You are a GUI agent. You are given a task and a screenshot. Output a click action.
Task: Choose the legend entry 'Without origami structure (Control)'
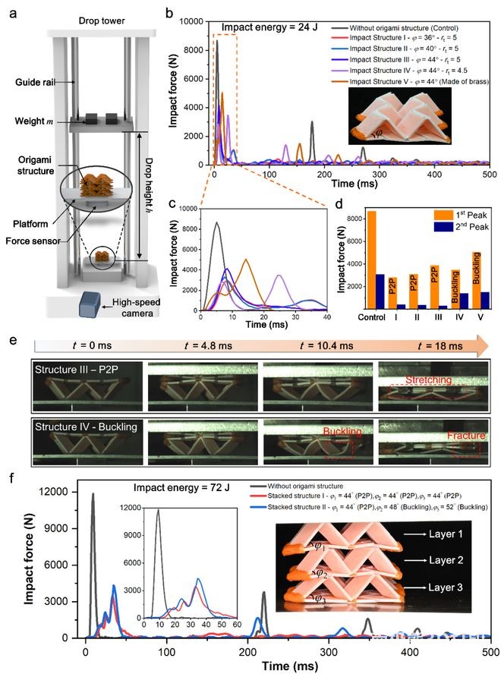tap(418, 25)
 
